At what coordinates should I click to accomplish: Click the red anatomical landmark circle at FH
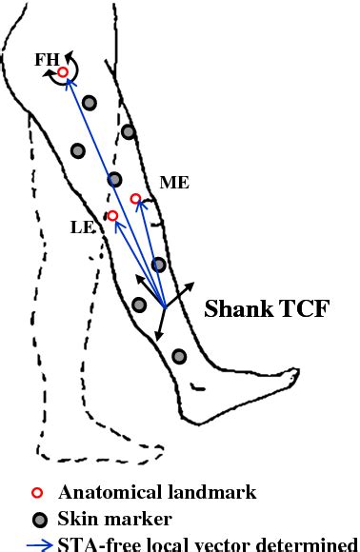pyautogui.click(x=63, y=72)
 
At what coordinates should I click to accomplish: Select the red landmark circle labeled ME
pyautogui.click(x=135, y=199)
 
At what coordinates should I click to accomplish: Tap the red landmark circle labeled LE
pyautogui.click(x=112, y=216)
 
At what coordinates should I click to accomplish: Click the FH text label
pyautogui.click(x=47, y=59)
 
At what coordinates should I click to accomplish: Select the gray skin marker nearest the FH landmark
pyautogui.click(x=89, y=103)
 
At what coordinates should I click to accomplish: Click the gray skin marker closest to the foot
pyautogui.click(x=179, y=356)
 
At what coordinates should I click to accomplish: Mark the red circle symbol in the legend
pyautogui.click(x=37, y=493)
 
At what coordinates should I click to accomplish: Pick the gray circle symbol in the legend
pyautogui.click(x=37, y=520)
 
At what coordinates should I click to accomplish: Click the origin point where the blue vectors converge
pyautogui.click(x=166, y=306)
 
